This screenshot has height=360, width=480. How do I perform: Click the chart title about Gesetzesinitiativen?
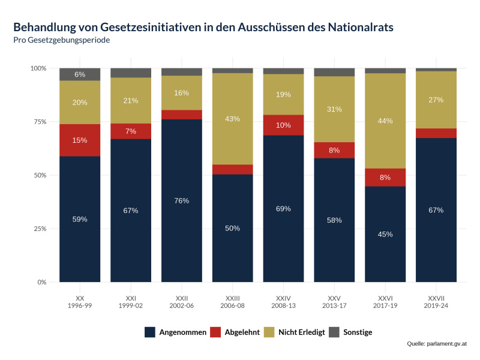click(x=203, y=27)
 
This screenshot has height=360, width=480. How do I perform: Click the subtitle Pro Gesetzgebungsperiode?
click(x=61, y=40)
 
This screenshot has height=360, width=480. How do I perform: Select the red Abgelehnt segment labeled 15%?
click(x=80, y=140)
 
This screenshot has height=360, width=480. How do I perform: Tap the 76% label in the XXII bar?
click(x=182, y=200)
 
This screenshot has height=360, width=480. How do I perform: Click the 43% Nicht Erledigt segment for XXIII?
click(x=233, y=119)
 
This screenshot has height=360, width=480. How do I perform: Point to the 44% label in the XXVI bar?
click(x=385, y=121)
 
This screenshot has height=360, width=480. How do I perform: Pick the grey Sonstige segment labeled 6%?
click(x=80, y=74)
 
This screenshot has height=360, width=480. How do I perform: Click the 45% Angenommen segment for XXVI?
click(x=385, y=234)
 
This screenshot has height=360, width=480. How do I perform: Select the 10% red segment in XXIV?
click(x=283, y=125)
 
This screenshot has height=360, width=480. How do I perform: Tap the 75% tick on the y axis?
click(x=39, y=122)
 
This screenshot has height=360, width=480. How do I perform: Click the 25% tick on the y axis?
click(x=39, y=229)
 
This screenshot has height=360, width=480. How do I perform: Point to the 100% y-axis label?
click(x=38, y=68)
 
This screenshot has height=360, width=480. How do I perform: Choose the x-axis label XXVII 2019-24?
click(x=436, y=301)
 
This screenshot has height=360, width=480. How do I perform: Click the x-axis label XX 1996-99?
click(x=80, y=301)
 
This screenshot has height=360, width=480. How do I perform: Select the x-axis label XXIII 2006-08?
click(x=233, y=301)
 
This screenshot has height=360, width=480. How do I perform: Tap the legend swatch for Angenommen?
click(x=151, y=332)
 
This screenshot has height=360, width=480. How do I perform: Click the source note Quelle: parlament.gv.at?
click(x=436, y=344)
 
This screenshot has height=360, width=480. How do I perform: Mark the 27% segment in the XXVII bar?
click(x=436, y=100)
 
